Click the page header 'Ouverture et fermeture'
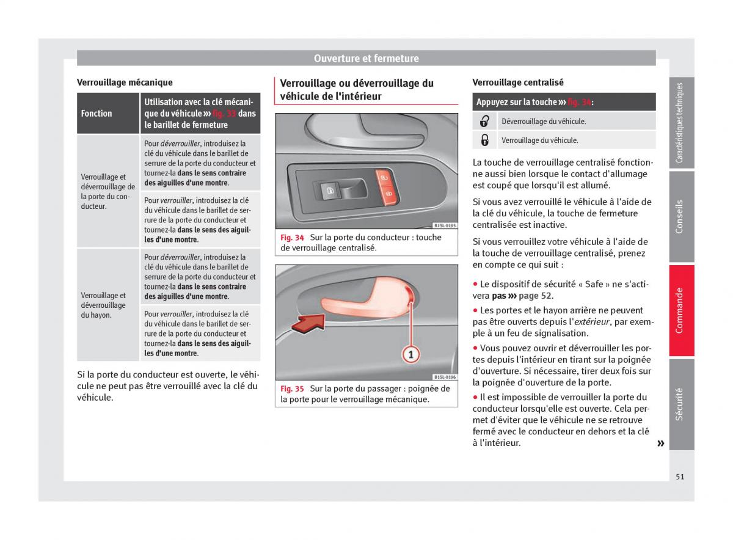tap(366, 59)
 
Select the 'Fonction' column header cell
tap(97, 114)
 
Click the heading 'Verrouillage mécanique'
tap(125, 82)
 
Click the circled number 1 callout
tap(410, 353)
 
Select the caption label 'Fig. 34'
tap(293, 238)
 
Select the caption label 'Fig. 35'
tap(293, 389)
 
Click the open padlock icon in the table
tap(485, 121)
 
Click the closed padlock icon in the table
tap(485, 140)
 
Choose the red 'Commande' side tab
tap(681, 310)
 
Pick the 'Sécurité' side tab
tap(681, 404)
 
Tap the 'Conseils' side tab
tap(681, 216)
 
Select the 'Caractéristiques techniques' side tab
tap(681, 123)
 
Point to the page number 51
tap(680, 476)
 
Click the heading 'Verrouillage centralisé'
tap(518, 82)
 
